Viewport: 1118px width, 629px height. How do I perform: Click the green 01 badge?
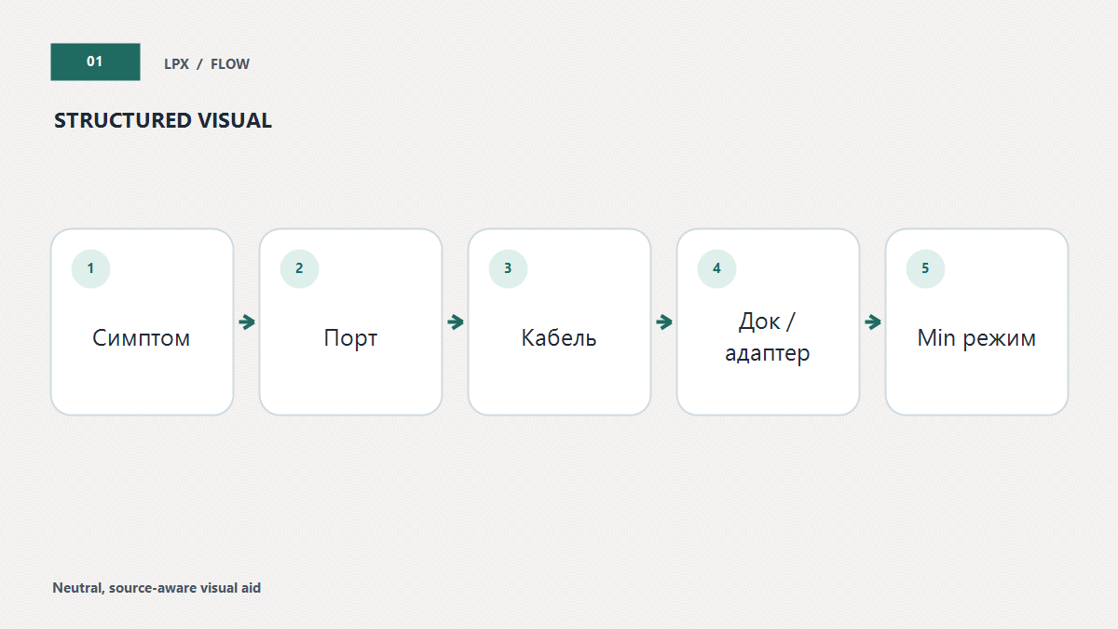[x=95, y=62]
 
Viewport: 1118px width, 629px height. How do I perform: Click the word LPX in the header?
[x=177, y=64]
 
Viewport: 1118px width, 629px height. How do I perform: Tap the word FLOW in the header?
[x=229, y=64]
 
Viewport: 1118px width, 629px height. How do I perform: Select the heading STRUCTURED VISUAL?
[x=163, y=121]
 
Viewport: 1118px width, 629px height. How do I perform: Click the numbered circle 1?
[x=91, y=269]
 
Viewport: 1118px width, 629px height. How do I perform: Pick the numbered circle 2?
[x=299, y=269]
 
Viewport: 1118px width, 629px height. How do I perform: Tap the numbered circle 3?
[x=508, y=269]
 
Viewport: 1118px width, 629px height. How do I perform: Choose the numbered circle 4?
[x=716, y=269]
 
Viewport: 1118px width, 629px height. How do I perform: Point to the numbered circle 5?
[x=925, y=269]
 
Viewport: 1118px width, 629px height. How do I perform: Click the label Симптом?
[x=142, y=338]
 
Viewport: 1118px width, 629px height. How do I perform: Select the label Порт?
[x=350, y=338]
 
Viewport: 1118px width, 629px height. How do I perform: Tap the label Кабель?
[x=559, y=338]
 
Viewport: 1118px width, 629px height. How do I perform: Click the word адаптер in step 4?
[x=768, y=354]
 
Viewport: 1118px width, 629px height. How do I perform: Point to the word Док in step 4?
[x=759, y=322]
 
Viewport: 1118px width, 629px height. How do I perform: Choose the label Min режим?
[x=976, y=338]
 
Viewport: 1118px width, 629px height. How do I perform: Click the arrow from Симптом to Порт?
[x=247, y=322]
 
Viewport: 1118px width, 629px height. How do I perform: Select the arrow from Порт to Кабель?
[x=456, y=322]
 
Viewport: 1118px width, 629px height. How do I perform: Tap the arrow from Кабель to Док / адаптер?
[x=663, y=322]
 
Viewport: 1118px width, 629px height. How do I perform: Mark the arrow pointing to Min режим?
[x=872, y=322]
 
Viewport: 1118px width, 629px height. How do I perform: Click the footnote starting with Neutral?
[x=157, y=588]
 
